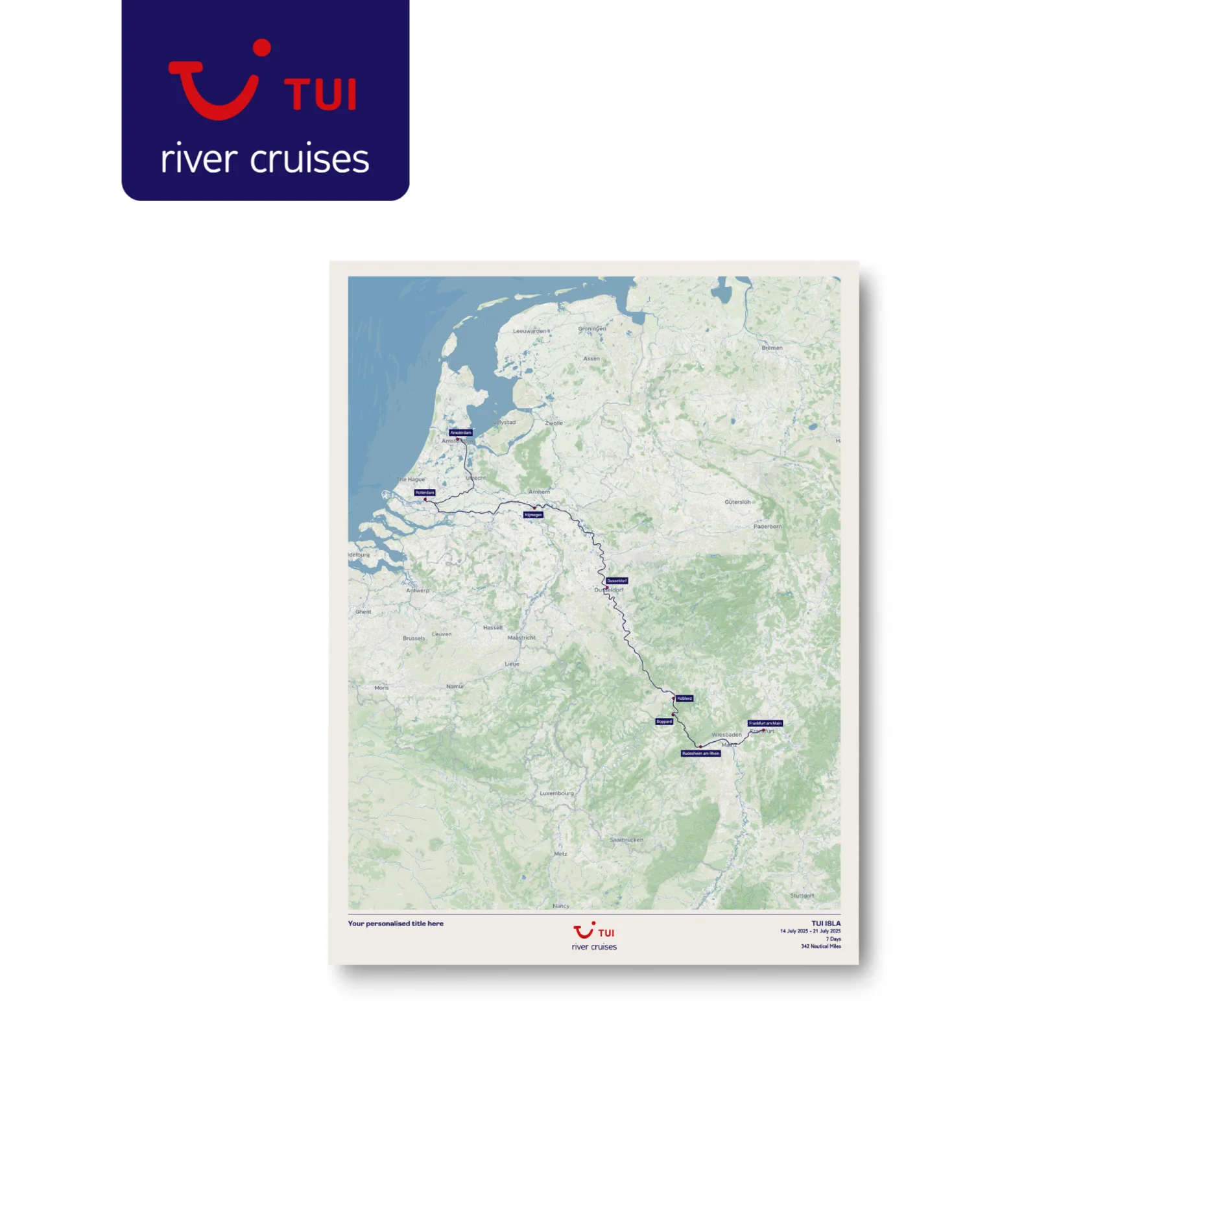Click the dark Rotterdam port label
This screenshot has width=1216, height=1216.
click(425, 492)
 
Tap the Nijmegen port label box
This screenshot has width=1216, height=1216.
click(533, 515)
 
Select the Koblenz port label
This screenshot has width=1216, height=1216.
click(684, 698)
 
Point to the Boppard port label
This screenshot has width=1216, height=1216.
click(664, 721)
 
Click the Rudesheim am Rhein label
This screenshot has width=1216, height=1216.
click(700, 754)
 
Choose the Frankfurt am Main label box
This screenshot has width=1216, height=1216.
click(765, 723)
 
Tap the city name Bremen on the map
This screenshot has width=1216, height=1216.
click(772, 348)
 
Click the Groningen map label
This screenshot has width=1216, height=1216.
click(592, 329)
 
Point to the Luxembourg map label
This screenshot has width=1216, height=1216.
click(556, 793)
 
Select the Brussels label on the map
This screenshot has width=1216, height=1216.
click(414, 638)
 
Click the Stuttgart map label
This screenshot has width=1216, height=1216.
click(802, 896)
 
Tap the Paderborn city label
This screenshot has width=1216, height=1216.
click(767, 527)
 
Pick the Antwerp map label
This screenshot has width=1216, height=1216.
click(418, 591)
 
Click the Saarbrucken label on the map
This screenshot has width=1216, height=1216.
click(626, 840)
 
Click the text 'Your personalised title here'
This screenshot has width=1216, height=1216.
click(396, 924)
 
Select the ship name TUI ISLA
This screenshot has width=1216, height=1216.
click(826, 923)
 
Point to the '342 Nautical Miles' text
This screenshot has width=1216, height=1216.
click(820, 946)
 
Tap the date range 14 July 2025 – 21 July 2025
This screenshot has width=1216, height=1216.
click(810, 931)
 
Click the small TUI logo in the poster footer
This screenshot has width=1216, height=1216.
click(593, 932)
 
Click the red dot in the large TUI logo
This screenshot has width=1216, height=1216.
click(261, 47)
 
